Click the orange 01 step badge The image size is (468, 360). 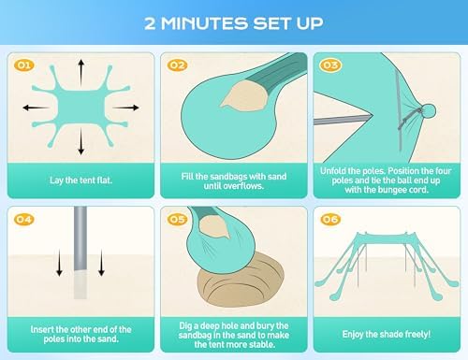(24, 65)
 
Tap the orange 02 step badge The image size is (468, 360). (177, 65)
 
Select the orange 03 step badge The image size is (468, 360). (330, 65)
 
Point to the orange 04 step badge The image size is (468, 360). (24, 219)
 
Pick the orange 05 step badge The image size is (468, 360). (177, 219)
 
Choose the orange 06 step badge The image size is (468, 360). (330, 219)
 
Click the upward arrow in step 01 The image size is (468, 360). (81, 72)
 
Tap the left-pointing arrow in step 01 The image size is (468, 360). (36, 108)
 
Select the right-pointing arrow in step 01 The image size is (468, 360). (125, 108)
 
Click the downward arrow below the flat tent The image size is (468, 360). (81, 142)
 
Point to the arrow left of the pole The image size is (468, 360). (59, 263)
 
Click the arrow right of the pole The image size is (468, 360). (101, 263)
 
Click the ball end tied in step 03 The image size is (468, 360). (430, 111)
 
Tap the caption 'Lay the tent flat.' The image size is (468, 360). (80, 180)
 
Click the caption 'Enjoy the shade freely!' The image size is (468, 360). (387, 334)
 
